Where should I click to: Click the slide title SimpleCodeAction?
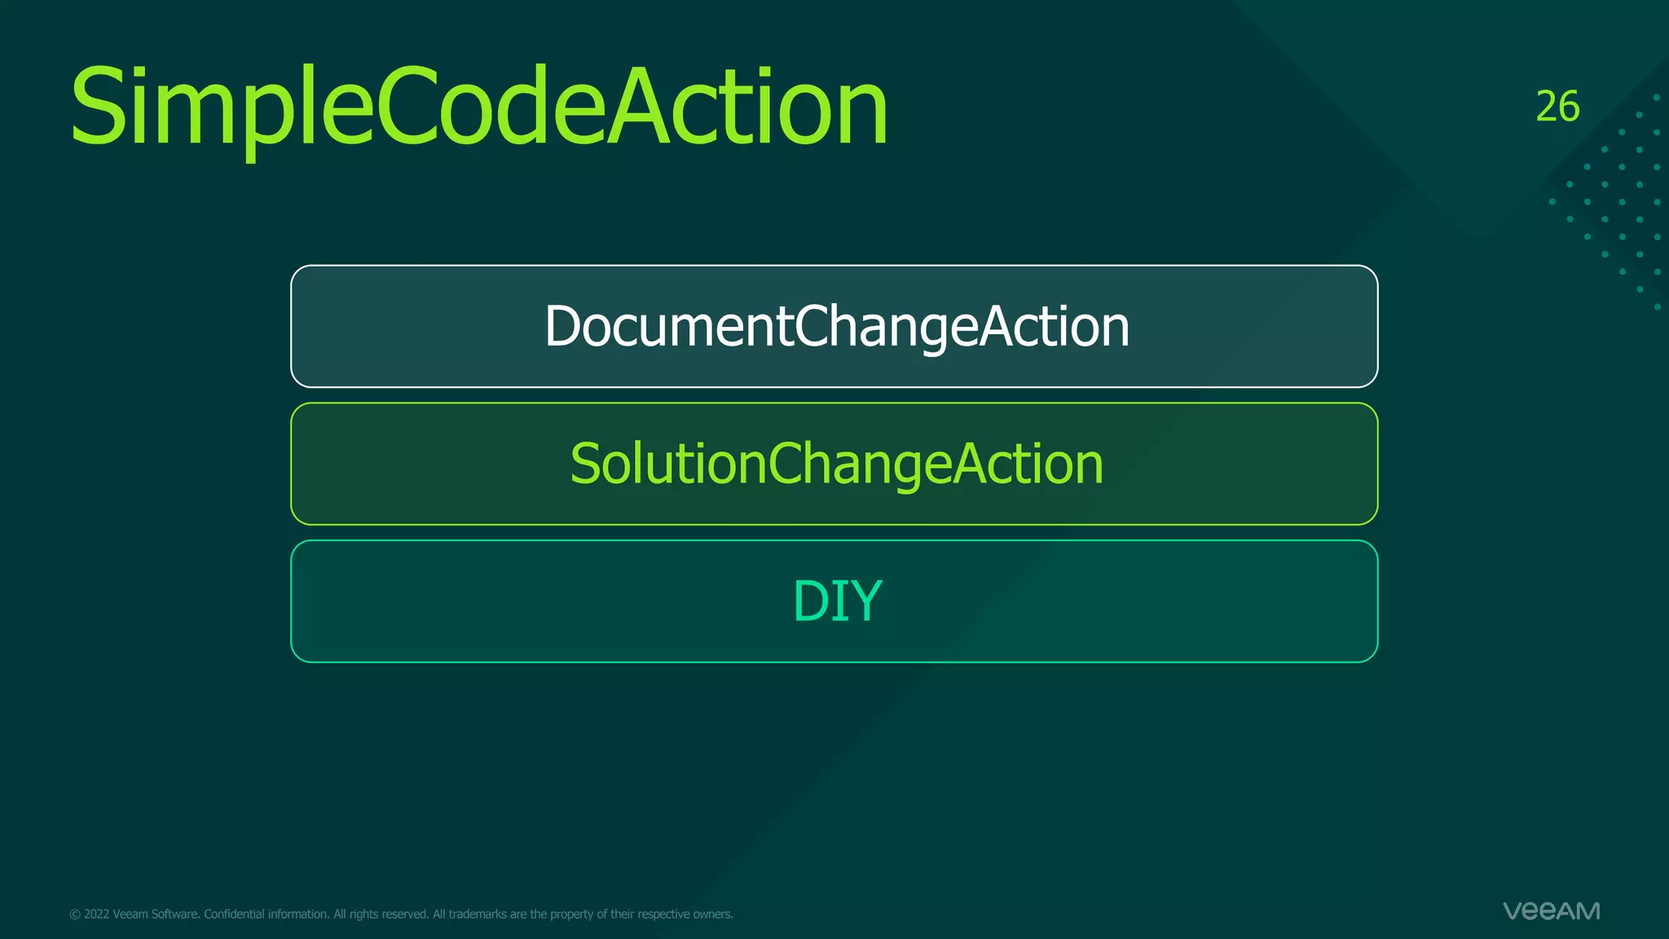pos(479,108)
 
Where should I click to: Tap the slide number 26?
pos(1557,107)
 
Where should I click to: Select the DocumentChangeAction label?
pos(837,326)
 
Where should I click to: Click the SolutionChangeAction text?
pos(836,464)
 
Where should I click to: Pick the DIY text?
pos(837,602)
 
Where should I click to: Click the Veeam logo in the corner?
pos(1551,910)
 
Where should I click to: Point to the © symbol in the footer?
pos(75,915)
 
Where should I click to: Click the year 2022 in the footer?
pos(96,915)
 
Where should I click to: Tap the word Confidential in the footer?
pos(234,915)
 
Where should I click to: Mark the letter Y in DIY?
pos(865,602)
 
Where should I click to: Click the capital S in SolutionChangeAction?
pos(586,464)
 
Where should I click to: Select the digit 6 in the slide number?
pos(1569,107)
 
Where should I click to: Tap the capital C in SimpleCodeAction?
pos(405,108)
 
